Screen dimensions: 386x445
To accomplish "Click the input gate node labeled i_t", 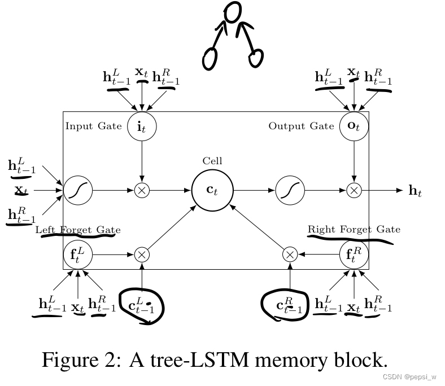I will pos(142,125).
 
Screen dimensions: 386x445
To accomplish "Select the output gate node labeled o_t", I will pos(354,125).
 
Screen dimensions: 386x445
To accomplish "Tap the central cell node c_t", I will pos(212,190).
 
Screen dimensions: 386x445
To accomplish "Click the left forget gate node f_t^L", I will pos(77,255).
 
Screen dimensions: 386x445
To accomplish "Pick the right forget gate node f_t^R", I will pos(354,255).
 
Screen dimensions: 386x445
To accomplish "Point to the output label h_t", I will pos(415,191).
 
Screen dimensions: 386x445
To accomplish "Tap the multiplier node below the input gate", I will pos(142,190).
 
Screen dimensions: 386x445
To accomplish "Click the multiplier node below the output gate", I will pos(354,190).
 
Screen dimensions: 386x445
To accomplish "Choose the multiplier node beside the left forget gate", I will pos(142,255).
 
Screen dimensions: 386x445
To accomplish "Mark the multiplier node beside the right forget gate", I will pos(290,255).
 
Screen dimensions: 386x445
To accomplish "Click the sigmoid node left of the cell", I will pos(77,190).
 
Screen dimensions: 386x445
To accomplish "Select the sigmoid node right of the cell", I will pos(290,190).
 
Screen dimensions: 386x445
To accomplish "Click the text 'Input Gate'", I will pos(93,126).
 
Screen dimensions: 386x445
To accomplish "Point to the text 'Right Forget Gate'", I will pos(354,229).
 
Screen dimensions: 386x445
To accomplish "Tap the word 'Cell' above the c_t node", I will pos(212,161).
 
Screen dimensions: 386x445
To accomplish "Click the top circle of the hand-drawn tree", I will pos(232,12).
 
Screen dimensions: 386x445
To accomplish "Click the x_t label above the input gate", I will pos(142,73).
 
